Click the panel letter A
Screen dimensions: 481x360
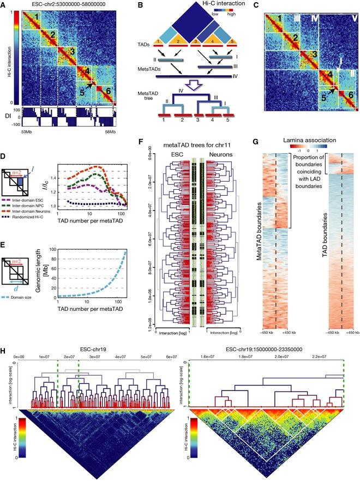click(x=4, y=4)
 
